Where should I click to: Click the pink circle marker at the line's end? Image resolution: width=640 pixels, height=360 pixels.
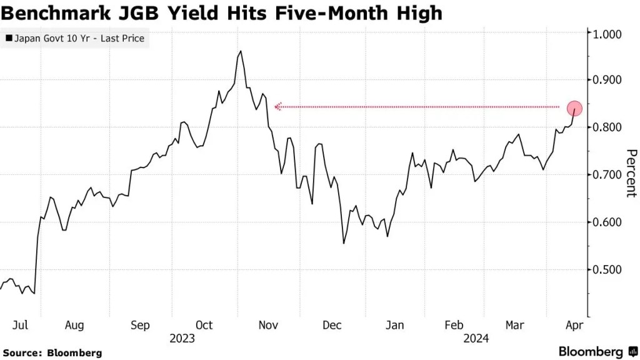coord(574,109)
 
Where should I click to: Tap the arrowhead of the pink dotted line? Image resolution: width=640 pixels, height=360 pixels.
coord(277,107)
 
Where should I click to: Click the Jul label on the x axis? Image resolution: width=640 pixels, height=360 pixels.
coord(21,325)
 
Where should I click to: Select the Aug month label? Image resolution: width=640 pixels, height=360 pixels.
coord(74,325)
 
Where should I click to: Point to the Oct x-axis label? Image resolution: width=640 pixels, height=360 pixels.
coord(204,325)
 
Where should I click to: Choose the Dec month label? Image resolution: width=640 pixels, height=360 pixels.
coord(332,325)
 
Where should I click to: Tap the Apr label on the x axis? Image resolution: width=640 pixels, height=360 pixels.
coord(574,325)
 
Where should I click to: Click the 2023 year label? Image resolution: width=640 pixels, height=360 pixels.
coord(182,339)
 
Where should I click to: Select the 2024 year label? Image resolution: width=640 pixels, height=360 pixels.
coord(476,339)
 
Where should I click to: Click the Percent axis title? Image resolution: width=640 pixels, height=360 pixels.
coord(631,173)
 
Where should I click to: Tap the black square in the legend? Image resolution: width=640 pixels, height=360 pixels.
coord(9,39)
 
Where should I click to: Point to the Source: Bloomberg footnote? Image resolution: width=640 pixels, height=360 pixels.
coord(52,353)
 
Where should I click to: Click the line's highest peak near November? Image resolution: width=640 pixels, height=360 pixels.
coord(241,51)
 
